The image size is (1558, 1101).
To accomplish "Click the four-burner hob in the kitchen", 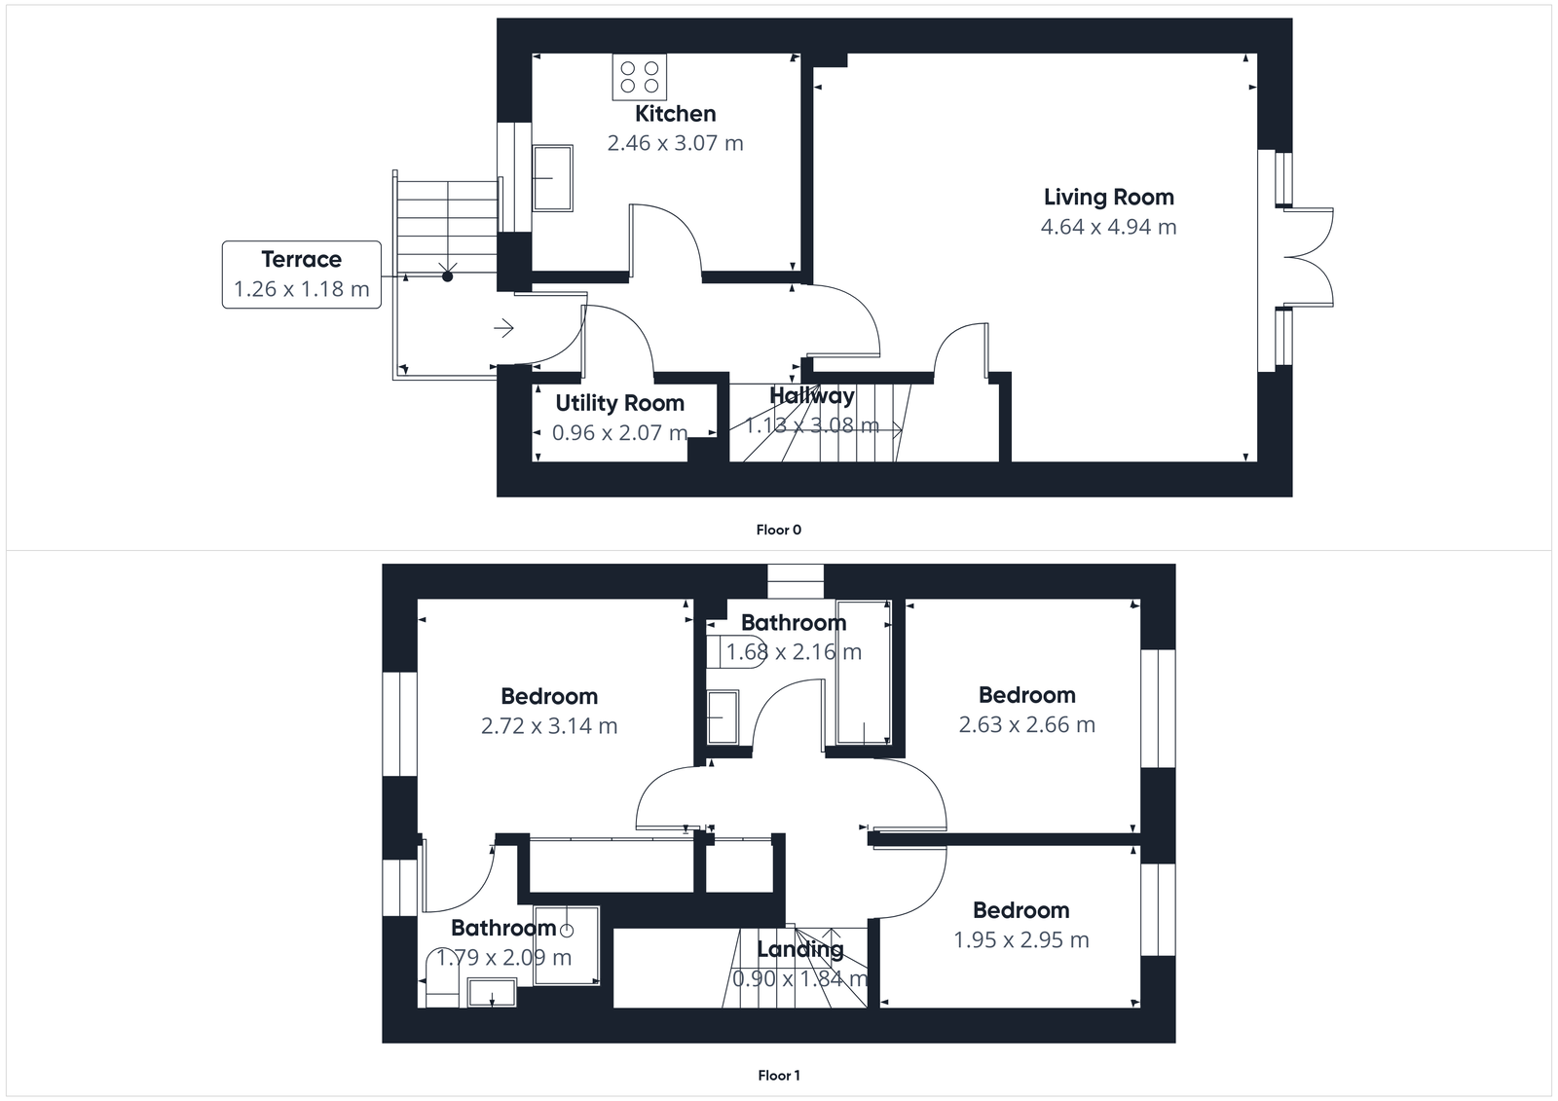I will [640, 77].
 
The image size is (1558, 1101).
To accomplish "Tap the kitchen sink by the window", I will [552, 178].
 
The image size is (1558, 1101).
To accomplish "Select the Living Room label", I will [1108, 198].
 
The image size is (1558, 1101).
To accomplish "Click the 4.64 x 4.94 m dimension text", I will [1108, 227].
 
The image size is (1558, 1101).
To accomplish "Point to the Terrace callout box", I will [301, 274].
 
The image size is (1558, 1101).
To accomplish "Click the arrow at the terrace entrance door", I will [504, 328].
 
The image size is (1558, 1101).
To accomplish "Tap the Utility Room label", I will [619, 403].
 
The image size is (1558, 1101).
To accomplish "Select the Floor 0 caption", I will [778, 530].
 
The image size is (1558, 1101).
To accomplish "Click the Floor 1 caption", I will [778, 1076].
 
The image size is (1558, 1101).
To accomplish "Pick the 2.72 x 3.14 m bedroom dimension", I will [549, 725].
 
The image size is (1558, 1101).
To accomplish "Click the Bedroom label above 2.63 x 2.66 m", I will [1026, 695].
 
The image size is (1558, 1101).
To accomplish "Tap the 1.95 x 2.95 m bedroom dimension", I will [1020, 939].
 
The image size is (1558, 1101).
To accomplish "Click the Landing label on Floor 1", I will [799, 949].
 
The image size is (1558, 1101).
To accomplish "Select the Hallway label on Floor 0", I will [811, 396].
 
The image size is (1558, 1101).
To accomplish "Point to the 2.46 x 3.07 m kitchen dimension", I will [675, 143].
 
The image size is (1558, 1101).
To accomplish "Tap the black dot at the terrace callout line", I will [448, 276].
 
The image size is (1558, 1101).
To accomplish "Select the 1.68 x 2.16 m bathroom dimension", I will [794, 652].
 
